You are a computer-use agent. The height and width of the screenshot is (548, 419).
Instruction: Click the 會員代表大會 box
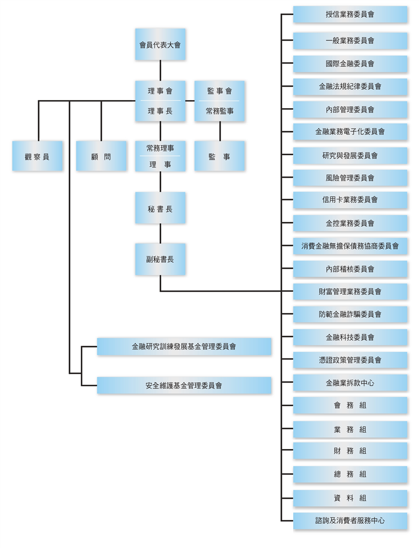coord(160,44)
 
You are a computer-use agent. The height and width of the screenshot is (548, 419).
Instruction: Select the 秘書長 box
coord(160,208)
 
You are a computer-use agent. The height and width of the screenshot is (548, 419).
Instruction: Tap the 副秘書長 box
coord(160,260)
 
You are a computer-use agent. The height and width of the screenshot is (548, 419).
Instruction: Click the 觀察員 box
coord(38,156)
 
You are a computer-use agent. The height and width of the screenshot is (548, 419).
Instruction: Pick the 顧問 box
coord(101,156)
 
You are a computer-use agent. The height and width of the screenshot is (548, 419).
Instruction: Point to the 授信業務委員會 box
coord(350,14)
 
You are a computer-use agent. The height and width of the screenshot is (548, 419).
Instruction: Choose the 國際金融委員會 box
coord(350,63)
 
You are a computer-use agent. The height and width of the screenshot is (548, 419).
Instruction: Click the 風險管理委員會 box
coord(350,178)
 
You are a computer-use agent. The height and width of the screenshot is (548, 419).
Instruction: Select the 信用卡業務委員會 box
coord(350,200)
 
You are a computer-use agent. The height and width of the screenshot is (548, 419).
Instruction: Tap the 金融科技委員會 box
coord(350,337)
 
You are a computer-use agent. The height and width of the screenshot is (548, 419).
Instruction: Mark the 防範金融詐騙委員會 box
coord(350,314)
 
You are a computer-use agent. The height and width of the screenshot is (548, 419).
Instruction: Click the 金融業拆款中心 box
coord(350,383)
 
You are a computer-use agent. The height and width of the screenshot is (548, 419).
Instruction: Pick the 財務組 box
coord(350,451)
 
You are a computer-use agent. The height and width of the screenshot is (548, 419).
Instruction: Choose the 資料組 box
coord(350,498)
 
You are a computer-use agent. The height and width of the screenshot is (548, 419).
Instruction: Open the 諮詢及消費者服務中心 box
coord(350,520)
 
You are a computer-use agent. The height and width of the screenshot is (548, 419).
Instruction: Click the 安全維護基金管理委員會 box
coord(184,385)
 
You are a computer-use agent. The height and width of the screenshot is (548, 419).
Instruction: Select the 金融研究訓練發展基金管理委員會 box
coord(184,347)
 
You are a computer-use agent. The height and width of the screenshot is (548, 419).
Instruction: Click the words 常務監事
coord(220,111)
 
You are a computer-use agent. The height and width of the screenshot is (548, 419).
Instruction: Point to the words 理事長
coord(160,111)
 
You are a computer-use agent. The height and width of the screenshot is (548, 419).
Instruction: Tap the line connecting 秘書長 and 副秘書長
coord(160,234)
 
